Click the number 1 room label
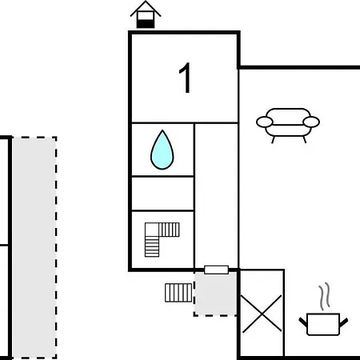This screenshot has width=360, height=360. [x=186, y=78]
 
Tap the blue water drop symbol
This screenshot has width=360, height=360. [x=162, y=150]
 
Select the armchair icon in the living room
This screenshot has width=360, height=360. [x=288, y=126]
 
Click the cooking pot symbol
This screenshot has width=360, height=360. [x=323, y=324]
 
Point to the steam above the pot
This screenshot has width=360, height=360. [x=325, y=297]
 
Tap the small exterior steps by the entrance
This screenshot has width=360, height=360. [x=178, y=293]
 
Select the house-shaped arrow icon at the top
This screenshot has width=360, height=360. [x=146, y=14]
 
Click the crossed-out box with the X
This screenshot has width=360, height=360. [x=262, y=314]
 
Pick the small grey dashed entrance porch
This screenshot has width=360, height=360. [x=215, y=294]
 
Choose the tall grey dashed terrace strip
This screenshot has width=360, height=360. [x=34, y=248]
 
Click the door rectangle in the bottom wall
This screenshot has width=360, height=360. [x=216, y=270]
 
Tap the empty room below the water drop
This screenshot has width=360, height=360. [x=162, y=194]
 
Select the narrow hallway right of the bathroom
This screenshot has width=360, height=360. [x=216, y=195]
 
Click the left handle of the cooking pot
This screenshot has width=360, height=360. [x=303, y=322]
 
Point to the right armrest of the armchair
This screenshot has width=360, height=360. [x=311, y=122]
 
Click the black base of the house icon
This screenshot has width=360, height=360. [x=146, y=24]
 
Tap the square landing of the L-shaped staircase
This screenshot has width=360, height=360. [x=152, y=230]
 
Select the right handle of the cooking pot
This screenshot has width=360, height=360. [x=344, y=322]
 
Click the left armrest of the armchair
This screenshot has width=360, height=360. [x=265, y=122]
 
